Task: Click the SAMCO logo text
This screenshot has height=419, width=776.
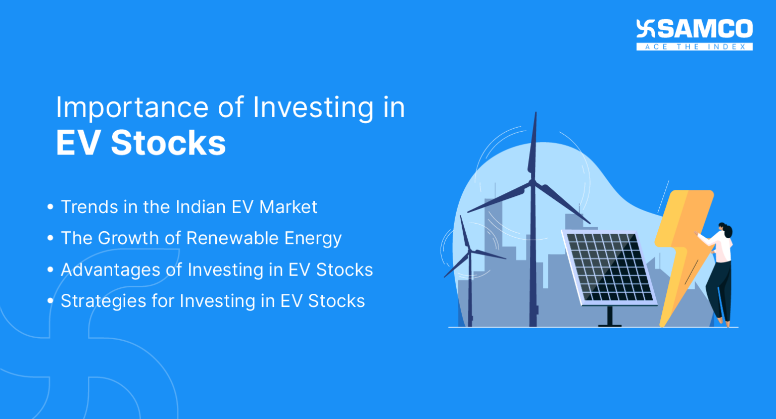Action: point(704,29)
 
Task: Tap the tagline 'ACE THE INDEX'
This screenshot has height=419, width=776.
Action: point(695,47)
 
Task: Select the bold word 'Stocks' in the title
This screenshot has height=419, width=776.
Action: point(168,143)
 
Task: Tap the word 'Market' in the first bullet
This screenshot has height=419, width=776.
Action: point(288,207)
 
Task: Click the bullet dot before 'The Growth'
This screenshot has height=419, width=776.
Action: point(50,238)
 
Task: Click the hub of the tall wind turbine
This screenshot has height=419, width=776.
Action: point(532,182)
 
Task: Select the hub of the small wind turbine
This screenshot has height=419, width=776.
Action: point(469,250)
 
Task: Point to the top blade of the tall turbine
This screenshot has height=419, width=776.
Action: point(533,146)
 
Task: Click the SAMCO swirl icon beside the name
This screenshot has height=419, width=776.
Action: point(646,29)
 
